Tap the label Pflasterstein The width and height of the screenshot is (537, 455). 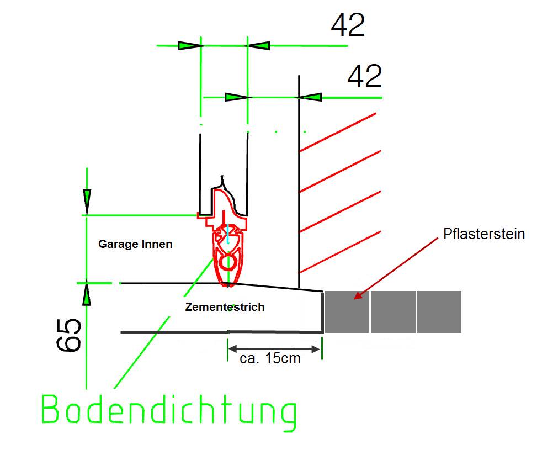[484, 234]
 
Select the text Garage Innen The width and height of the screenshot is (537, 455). [135, 244]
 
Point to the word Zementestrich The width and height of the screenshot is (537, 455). [225, 306]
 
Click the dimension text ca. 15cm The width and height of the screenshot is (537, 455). [270, 358]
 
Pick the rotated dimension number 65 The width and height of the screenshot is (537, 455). [68, 335]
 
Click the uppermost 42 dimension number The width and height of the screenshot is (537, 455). [348, 25]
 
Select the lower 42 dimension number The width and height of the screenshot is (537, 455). [364, 76]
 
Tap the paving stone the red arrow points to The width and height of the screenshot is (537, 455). [347, 312]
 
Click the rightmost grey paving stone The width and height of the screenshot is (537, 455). [439, 312]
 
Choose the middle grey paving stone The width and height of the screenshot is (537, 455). [393, 312]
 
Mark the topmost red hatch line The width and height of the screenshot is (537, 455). [338, 133]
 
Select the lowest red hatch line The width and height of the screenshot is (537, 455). [340, 252]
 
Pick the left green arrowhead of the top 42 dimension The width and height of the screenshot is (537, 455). [189, 46]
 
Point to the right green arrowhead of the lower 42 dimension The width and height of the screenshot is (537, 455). [310, 97]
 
